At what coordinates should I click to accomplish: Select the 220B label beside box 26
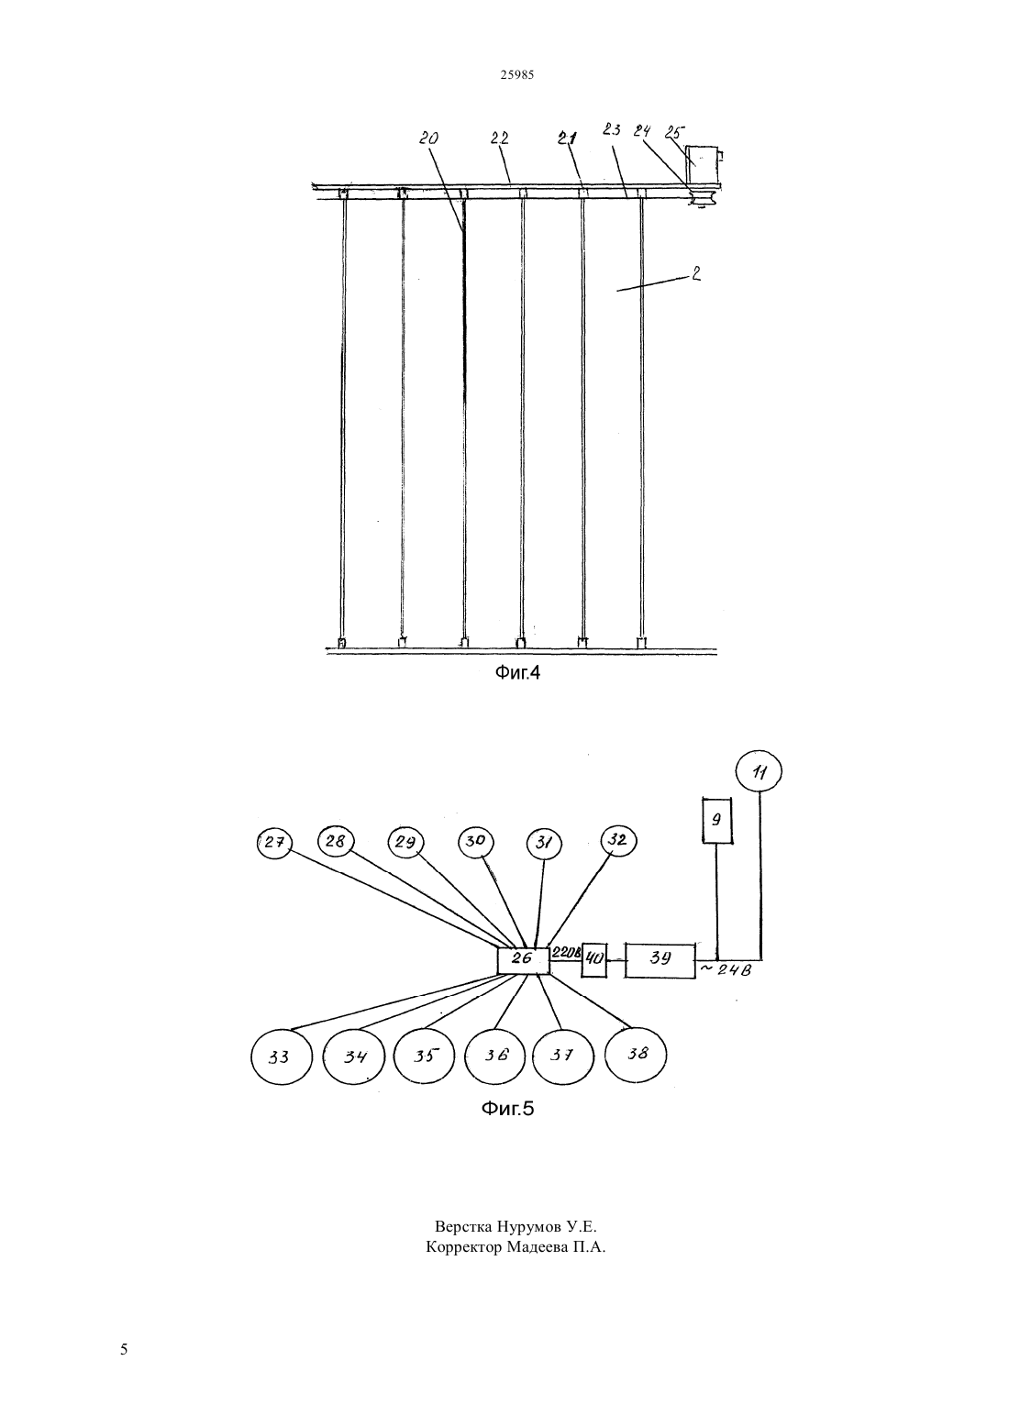[566, 952]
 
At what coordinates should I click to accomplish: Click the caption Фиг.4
[517, 673]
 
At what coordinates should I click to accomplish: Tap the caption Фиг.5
[507, 1109]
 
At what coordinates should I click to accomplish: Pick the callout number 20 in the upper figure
[428, 138]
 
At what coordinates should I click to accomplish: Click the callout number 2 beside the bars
[696, 273]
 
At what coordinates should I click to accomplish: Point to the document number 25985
[517, 74]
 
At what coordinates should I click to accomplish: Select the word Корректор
[463, 1246]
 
